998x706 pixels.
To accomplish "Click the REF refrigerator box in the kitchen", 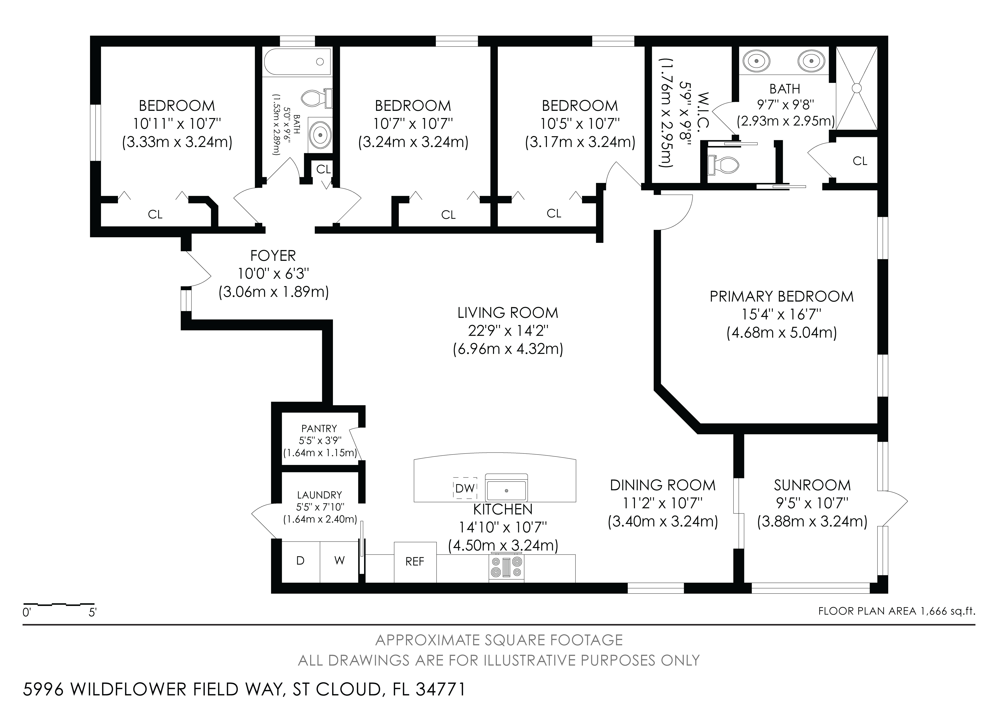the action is pos(415,562).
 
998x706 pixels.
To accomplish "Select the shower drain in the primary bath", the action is pos(856,88).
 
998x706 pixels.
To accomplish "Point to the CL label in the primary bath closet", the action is pos(860,161).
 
